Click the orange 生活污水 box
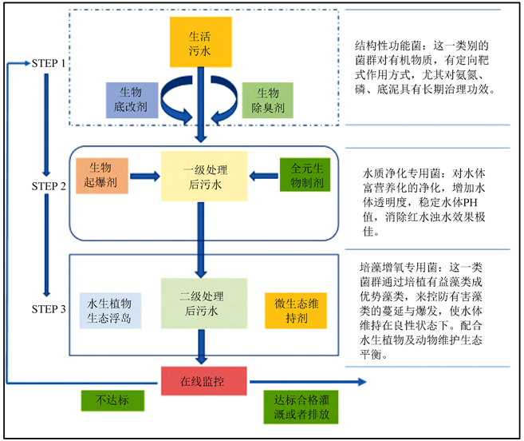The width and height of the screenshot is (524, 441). point(199,42)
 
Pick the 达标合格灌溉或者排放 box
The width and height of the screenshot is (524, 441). point(296,408)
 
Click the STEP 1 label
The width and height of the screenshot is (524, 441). point(47,63)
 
